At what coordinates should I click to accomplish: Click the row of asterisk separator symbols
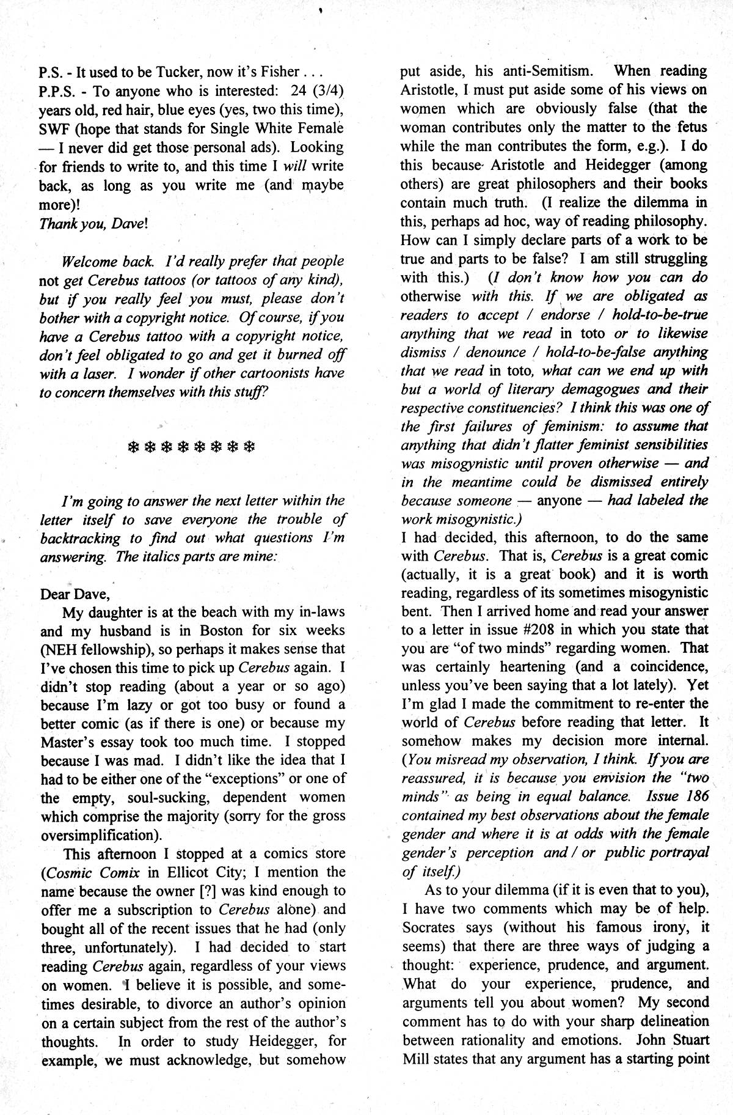pos(190,446)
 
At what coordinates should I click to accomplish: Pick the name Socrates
pos(430,927)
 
